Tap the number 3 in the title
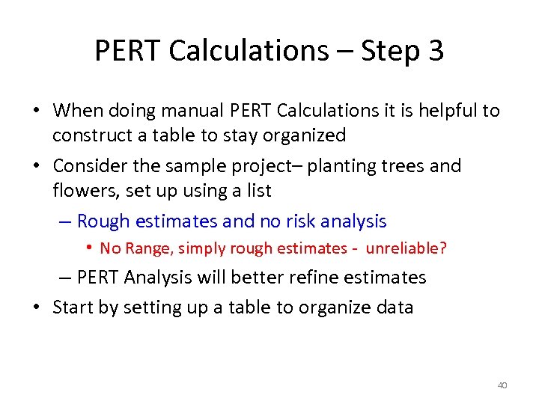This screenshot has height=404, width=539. [435, 51]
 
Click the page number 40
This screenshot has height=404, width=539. [502, 385]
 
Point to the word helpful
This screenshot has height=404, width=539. [444, 111]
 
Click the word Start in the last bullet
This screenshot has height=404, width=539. [75, 307]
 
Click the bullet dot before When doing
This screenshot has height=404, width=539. [36, 111]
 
